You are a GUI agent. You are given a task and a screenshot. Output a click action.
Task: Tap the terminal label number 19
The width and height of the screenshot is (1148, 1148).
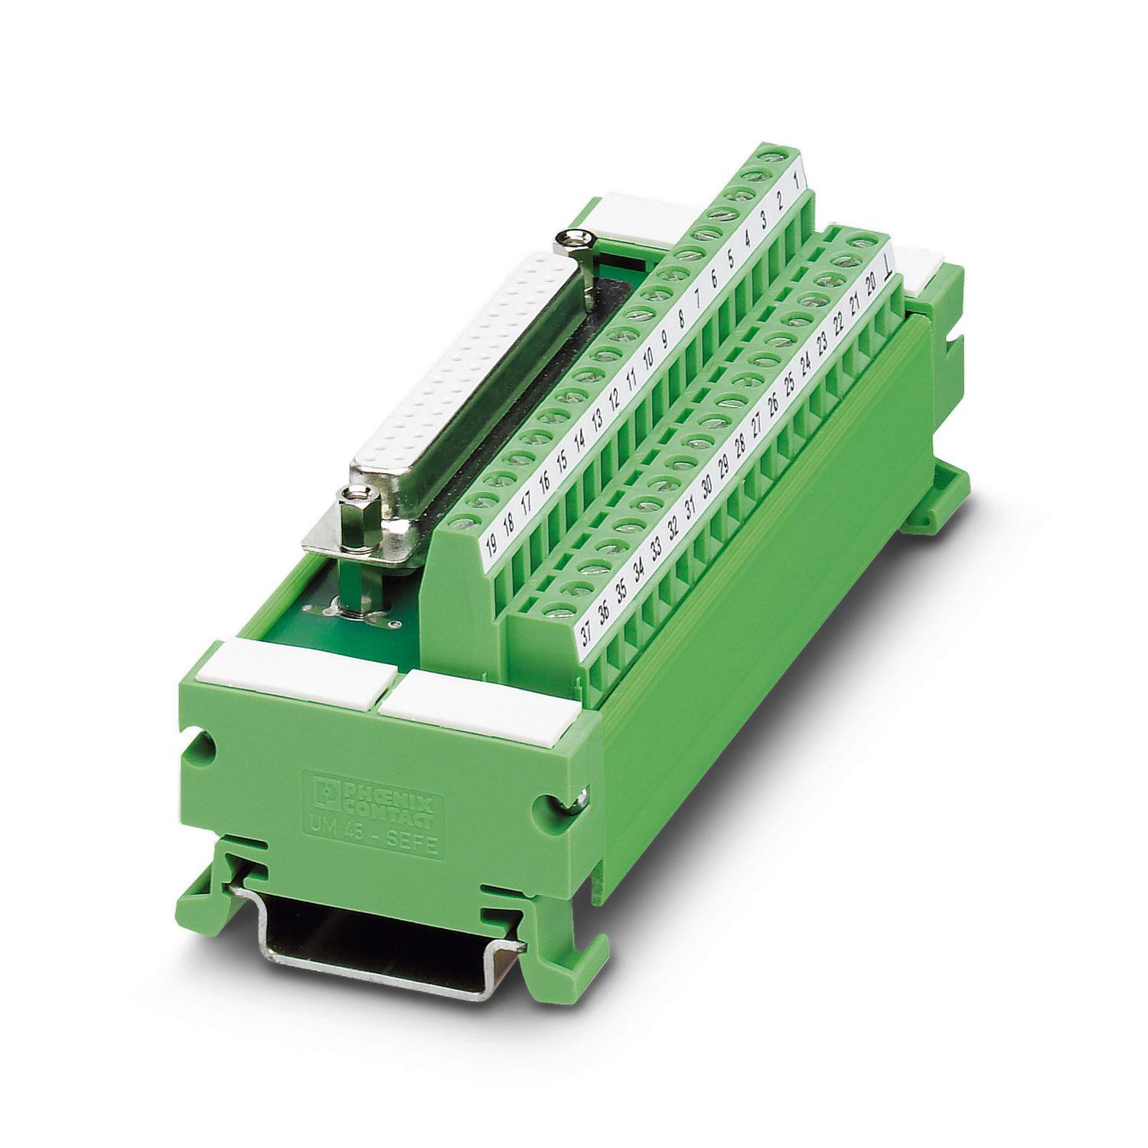click(491, 545)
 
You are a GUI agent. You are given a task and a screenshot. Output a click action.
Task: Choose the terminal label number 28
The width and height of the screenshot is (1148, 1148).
click(739, 445)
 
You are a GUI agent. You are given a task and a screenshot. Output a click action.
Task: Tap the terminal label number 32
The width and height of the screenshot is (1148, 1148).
click(673, 527)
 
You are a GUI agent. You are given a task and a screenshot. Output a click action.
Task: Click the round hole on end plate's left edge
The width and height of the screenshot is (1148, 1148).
click(204, 742)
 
